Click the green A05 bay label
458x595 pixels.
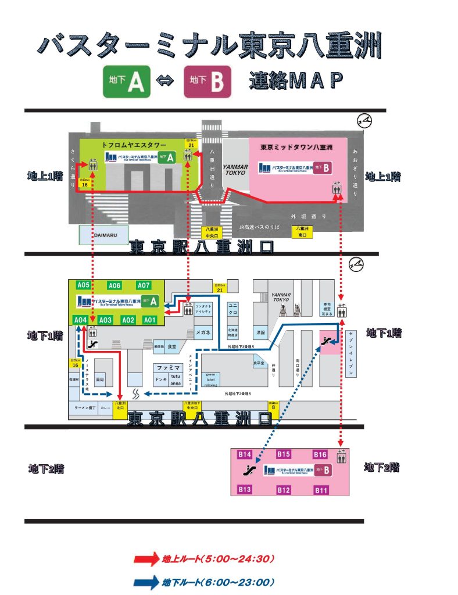pyautogui.click(x=83, y=285)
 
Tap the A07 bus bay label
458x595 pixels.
pyautogui.click(x=144, y=285)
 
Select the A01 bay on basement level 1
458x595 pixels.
pyautogui.click(x=150, y=320)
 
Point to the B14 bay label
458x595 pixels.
pyautogui.click(x=245, y=454)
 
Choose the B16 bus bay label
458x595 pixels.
pyautogui.click(x=320, y=454)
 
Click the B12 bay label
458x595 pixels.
pyautogui.click(x=283, y=490)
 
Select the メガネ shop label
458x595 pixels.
pyautogui.click(x=203, y=333)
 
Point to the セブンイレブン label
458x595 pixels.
pyautogui.click(x=352, y=349)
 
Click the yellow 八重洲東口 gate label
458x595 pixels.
pyautogui.click(x=301, y=232)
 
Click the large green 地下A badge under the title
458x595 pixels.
pyautogui.click(x=127, y=82)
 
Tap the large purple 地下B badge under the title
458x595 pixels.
pyautogui.click(x=207, y=82)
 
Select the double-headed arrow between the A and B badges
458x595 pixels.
pyautogui.click(x=166, y=83)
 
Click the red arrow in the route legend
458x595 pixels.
pyautogui.click(x=146, y=560)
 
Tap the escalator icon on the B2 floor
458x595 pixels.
pyautogui.click(x=252, y=469)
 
